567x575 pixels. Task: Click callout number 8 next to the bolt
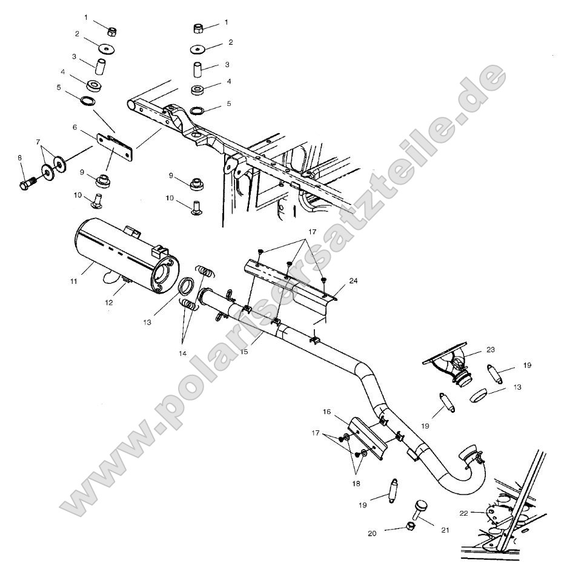click(x=20, y=158)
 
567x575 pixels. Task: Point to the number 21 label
click(x=445, y=530)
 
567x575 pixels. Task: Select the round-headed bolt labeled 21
click(x=420, y=507)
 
